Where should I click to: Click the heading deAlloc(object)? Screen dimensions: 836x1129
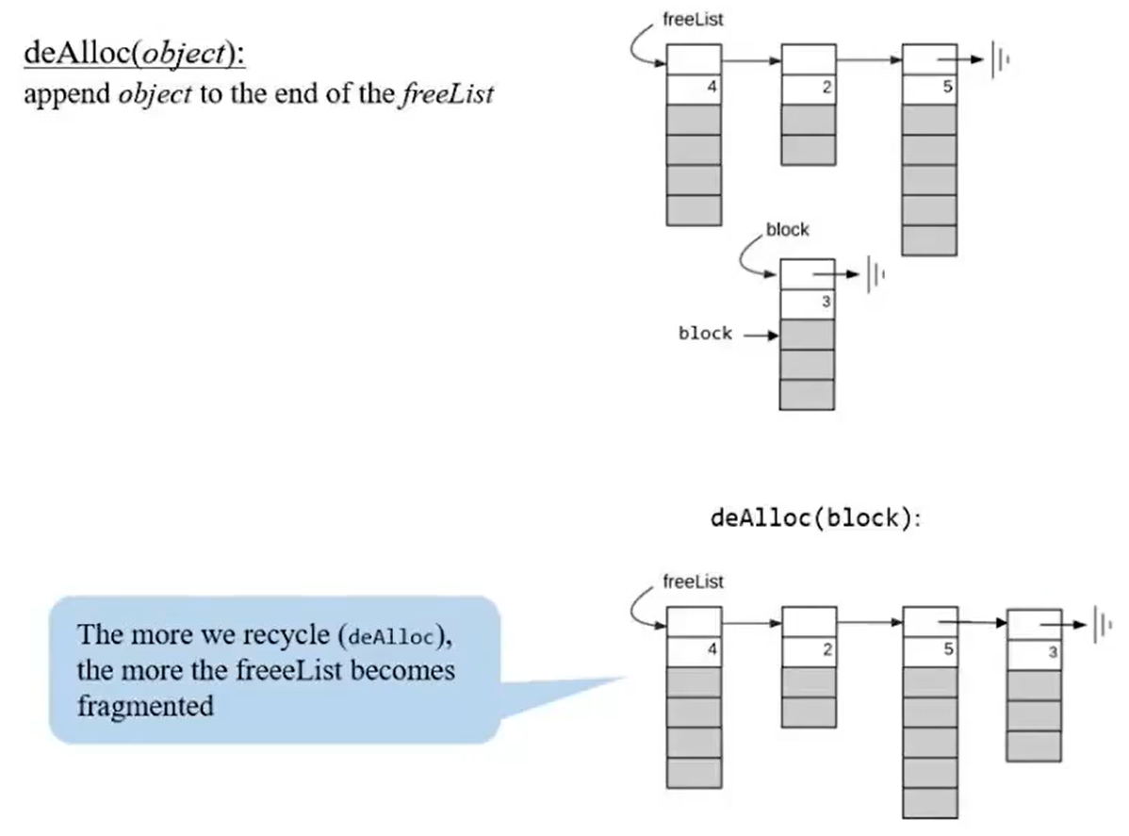pyautogui.click(x=135, y=55)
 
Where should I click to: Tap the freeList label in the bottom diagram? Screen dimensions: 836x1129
pyautogui.click(x=693, y=582)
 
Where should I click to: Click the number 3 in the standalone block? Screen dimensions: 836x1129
pyautogui.click(x=826, y=303)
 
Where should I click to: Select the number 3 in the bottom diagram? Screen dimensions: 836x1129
pyautogui.click(x=1053, y=653)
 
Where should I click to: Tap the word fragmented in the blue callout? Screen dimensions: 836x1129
pyautogui.click(x=146, y=705)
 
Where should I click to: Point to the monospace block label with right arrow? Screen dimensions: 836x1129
pyautogui.click(x=705, y=334)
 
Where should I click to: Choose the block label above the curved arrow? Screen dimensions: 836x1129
pyautogui.click(x=787, y=230)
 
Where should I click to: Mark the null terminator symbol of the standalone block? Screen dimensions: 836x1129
pyautogui.click(x=876, y=274)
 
